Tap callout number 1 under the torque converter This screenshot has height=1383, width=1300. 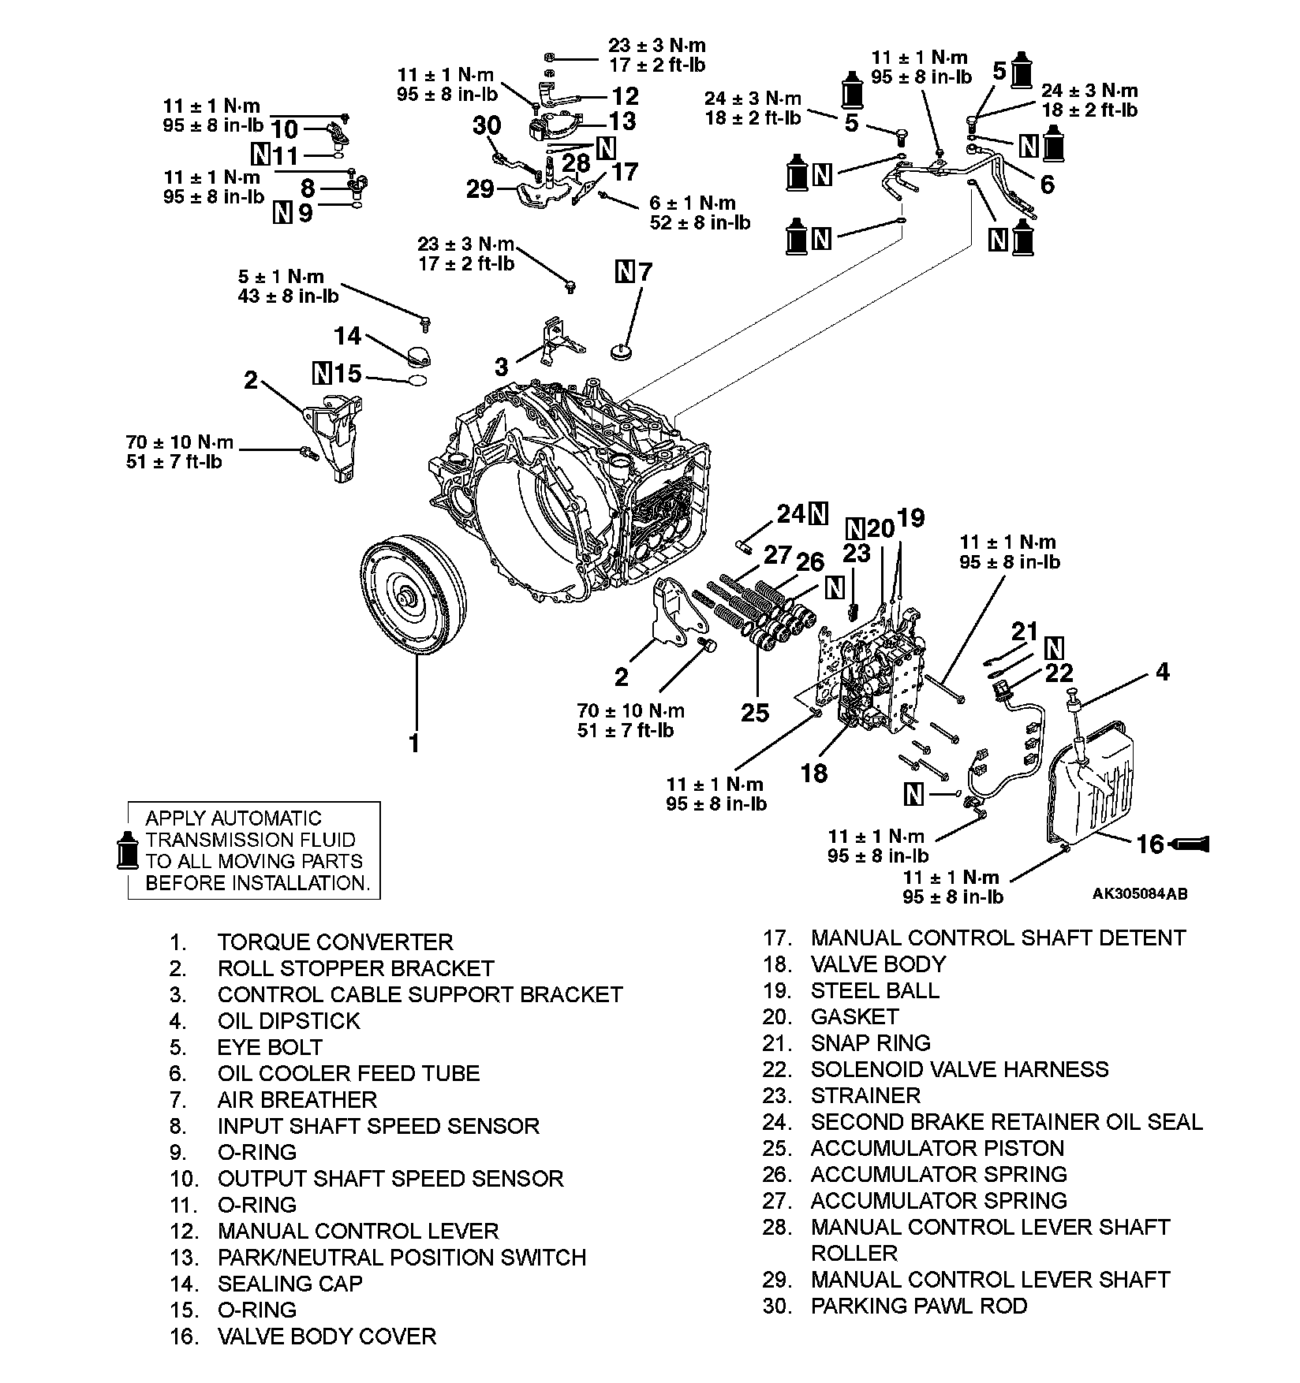tap(413, 742)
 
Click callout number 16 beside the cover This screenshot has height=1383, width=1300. tap(1151, 844)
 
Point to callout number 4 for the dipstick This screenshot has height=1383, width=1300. tap(1162, 672)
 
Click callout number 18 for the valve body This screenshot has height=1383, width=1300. tap(814, 773)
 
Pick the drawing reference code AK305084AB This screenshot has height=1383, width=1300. tap(1139, 894)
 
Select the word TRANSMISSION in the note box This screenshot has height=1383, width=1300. tap(250, 840)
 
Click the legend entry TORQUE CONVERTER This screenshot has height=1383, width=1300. tap(335, 942)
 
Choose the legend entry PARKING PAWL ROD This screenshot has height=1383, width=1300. tap(919, 1306)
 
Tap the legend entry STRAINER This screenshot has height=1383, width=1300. tap(865, 1095)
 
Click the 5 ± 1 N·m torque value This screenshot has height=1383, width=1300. tap(281, 277)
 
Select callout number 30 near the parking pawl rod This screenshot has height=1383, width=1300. tap(487, 125)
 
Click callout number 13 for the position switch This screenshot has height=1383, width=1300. tap(622, 121)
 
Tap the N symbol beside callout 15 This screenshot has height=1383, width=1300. tap(322, 372)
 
